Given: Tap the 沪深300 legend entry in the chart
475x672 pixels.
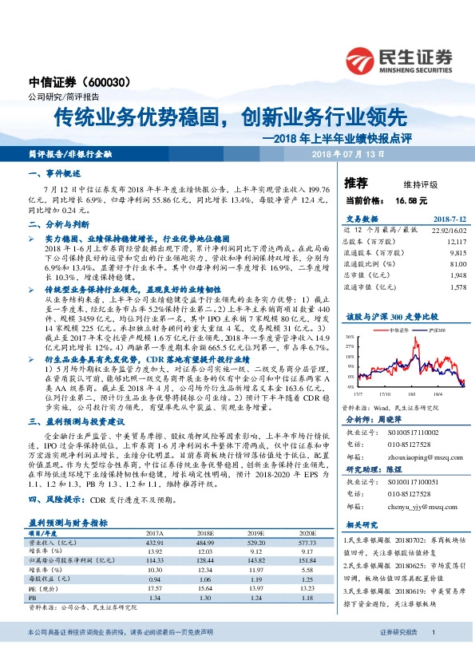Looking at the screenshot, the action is pos(414,328).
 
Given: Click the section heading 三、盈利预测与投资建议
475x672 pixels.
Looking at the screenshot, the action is pos(73,421).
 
